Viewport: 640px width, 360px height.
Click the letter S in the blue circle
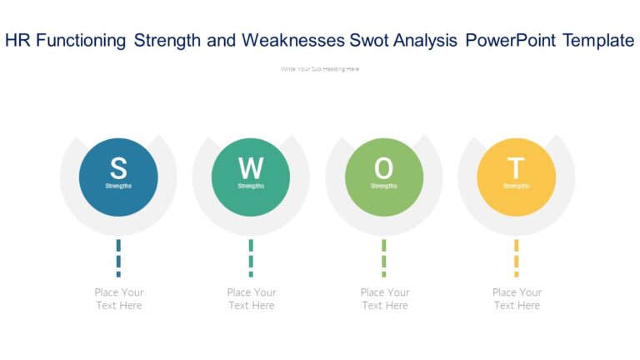118,167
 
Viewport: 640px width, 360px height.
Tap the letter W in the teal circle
251,167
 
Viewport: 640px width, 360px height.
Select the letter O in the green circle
383,167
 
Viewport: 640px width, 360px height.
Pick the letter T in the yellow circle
516,167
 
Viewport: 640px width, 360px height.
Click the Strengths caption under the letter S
118,186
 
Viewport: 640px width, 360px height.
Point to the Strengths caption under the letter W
251,186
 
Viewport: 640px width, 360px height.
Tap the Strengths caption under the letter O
383,186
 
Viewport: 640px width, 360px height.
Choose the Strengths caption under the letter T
516,186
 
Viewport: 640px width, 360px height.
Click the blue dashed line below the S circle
118,257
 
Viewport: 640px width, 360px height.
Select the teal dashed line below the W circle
251,257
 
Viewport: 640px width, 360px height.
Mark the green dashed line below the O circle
383,257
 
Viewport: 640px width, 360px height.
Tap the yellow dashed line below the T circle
516,257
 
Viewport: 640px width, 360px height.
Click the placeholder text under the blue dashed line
118,299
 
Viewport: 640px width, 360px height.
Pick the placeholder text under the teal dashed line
251,299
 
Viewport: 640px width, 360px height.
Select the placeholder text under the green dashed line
384,299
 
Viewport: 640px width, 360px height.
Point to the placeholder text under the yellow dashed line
517,299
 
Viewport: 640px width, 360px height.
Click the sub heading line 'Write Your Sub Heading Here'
320,69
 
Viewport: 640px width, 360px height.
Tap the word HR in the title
17,41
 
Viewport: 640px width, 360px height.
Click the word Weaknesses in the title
305,41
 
